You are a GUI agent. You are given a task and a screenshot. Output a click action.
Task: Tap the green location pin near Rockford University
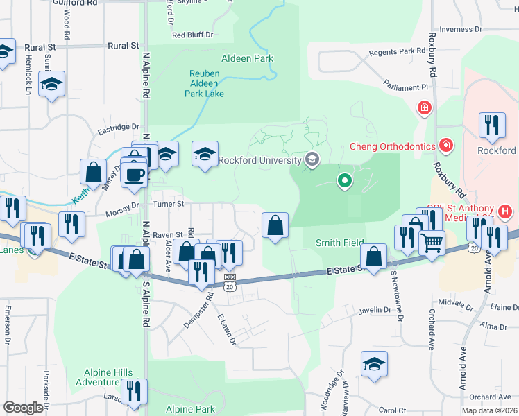tap(344, 182)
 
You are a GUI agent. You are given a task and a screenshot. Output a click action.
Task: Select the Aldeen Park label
tap(247, 59)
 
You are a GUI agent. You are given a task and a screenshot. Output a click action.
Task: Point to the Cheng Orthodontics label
tap(391, 146)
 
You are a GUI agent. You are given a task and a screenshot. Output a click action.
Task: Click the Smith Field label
tap(339, 243)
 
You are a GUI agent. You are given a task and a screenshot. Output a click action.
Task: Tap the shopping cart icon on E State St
tap(432, 243)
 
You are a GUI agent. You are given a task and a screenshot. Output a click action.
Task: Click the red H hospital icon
tap(505, 211)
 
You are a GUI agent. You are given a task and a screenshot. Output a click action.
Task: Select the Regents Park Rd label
tap(397, 51)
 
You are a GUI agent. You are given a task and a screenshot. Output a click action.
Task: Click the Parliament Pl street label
tap(405, 87)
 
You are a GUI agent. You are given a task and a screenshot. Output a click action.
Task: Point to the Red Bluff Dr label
tap(192, 34)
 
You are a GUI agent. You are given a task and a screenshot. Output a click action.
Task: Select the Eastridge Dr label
tap(118, 128)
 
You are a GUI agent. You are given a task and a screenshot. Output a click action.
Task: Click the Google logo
tap(23, 408)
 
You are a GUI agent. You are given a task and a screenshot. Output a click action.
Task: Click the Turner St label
tap(169, 204)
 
